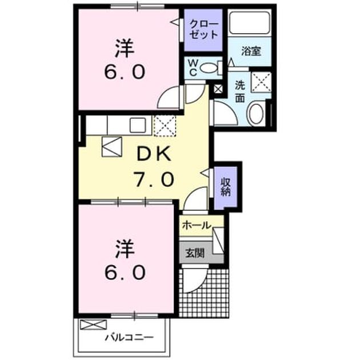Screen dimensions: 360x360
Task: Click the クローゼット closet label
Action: click(x=203, y=29)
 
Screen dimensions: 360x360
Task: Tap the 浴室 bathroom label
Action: click(x=251, y=51)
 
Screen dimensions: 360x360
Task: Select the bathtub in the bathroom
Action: click(x=250, y=22)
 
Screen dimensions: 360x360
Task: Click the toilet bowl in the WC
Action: click(x=209, y=68)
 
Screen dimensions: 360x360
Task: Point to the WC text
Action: click(x=193, y=68)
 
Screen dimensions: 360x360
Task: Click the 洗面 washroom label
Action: click(x=240, y=92)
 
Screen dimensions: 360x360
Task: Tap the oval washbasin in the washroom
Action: click(x=256, y=114)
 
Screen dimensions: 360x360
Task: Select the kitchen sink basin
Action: click(x=138, y=125)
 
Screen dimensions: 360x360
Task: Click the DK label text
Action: click(x=154, y=154)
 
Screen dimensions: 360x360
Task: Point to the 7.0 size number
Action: click(x=154, y=179)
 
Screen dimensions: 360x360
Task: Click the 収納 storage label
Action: click(x=226, y=187)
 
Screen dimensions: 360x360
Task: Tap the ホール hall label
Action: click(x=197, y=225)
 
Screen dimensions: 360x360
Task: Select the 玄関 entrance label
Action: click(x=195, y=253)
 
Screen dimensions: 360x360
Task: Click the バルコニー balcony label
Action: click(x=130, y=337)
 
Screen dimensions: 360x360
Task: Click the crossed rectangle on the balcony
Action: click(x=94, y=325)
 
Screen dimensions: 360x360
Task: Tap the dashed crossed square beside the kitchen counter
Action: click(x=165, y=126)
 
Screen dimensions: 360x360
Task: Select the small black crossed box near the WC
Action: click(x=218, y=89)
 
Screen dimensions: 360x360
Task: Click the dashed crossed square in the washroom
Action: click(x=261, y=82)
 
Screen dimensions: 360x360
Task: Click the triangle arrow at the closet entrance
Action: click(x=174, y=22)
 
